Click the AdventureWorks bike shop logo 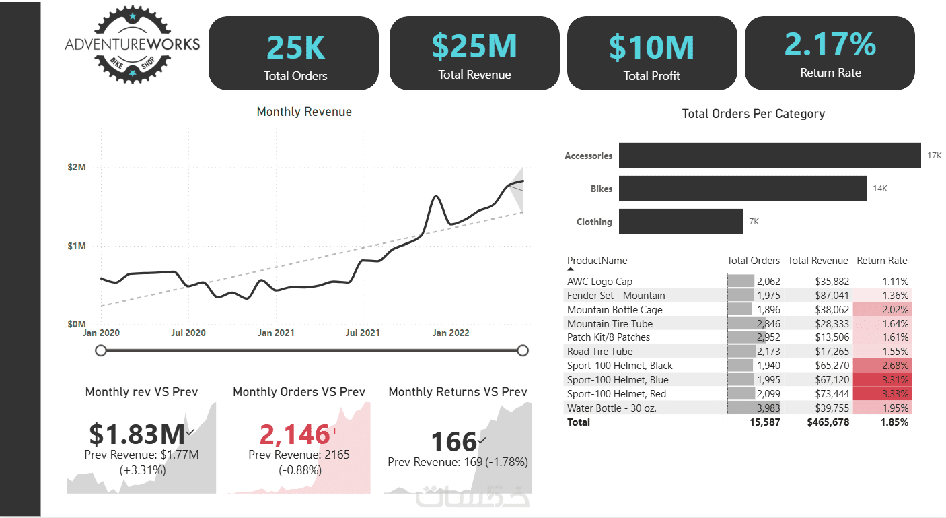click(132, 44)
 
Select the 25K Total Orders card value click(295, 47)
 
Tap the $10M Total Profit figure click(651, 47)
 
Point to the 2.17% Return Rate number click(830, 44)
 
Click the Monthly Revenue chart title click(304, 112)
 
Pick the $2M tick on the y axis click(77, 167)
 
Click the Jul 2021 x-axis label click(362, 333)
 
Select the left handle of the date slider click(101, 350)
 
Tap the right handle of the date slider click(523, 350)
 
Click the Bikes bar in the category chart click(742, 189)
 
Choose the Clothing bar click(680, 222)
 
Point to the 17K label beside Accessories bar click(934, 156)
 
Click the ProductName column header click(597, 261)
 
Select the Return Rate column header click(881, 261)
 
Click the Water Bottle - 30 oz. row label click(612, 408)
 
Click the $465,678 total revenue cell click(828, 422)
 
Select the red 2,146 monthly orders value click(295, 435)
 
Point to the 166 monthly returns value click(453, 442)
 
